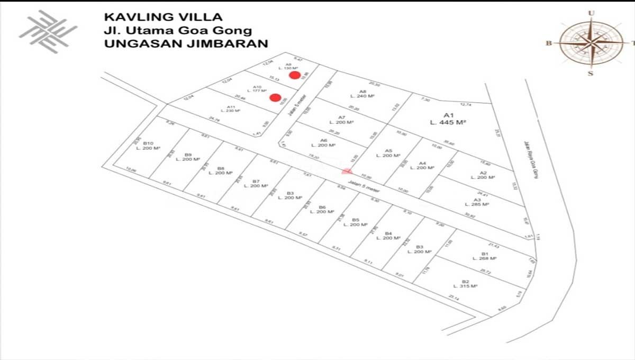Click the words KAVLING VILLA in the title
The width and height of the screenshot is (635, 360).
(x=163, y=17)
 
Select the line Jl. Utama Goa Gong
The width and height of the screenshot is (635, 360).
(x=178, y=31)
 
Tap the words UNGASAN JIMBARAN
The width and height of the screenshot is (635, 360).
(x=186, y=44)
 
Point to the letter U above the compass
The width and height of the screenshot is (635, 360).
(x=591, y=13)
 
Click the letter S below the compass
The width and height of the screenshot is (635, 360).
(x=591, y=73)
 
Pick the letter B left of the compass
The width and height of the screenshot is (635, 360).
(x=549, y=43)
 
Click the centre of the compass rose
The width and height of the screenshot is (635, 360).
(x=591, y=43)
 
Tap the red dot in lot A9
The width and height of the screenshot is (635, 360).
(x=294, y=75)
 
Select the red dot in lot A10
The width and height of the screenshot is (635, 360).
(x=275, y=97)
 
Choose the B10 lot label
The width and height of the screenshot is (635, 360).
(x=148, y=143)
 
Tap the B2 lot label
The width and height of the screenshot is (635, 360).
(x=466, y=281)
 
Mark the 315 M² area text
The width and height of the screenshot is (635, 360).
(x=466, y=286)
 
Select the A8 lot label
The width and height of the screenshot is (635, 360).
(x=362, y=91)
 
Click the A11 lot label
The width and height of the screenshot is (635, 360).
(x=231, y=106)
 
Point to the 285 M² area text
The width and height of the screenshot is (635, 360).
(x=481, y=204)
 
